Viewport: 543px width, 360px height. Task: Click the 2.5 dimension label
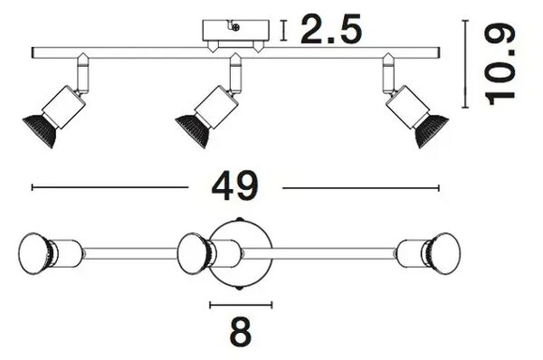[331, 30]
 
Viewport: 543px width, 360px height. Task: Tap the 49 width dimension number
[235, 186]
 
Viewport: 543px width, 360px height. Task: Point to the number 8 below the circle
[241, 332]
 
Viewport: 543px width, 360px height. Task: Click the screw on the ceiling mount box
[235, 27]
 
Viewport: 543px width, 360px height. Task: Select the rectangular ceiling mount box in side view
[235, 31]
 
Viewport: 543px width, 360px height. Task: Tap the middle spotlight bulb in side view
[192, 128]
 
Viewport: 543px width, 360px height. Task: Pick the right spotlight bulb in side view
[431, 128]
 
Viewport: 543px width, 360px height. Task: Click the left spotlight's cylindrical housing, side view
[64, 107]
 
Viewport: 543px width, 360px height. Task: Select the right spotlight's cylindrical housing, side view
[407, 107]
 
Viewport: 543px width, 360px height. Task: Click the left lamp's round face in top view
[34, 253]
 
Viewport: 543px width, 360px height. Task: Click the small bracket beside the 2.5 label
[284, 31]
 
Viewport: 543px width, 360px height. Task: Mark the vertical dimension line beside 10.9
[465, 64]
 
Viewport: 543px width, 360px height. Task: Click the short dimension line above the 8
[241, 305]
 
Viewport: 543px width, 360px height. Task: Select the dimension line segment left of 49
[110, 187]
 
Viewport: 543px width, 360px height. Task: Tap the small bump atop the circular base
[239, 219]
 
